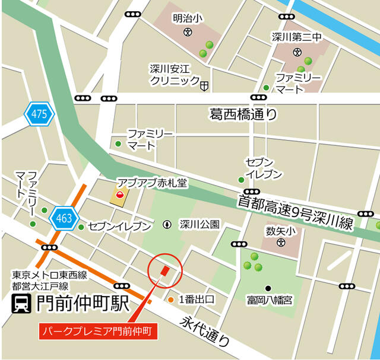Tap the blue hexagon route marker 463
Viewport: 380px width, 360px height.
click(x=64, y=219)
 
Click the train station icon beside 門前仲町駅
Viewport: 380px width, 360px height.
click(x=22, y=305)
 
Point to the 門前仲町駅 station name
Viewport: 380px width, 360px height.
click(x=83, y=304)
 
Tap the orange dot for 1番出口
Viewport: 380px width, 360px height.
click(x=170, y=300)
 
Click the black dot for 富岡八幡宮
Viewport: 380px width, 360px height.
click(x=268, y=288)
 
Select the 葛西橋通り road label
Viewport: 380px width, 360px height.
click(x=243, y=113)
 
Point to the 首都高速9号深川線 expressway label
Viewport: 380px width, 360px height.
click(x=295, y=211)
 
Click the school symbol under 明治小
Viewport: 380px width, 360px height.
click(x=187, y=32)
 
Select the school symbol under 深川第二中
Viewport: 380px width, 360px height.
click(x=297, y=51)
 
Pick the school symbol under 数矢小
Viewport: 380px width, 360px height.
click(x=280, y=242)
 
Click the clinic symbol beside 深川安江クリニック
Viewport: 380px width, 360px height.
click(x=204, y=87)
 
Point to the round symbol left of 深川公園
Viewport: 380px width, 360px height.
click(x=167, y=225)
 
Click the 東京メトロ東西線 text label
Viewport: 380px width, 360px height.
click(x=50, y=275)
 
